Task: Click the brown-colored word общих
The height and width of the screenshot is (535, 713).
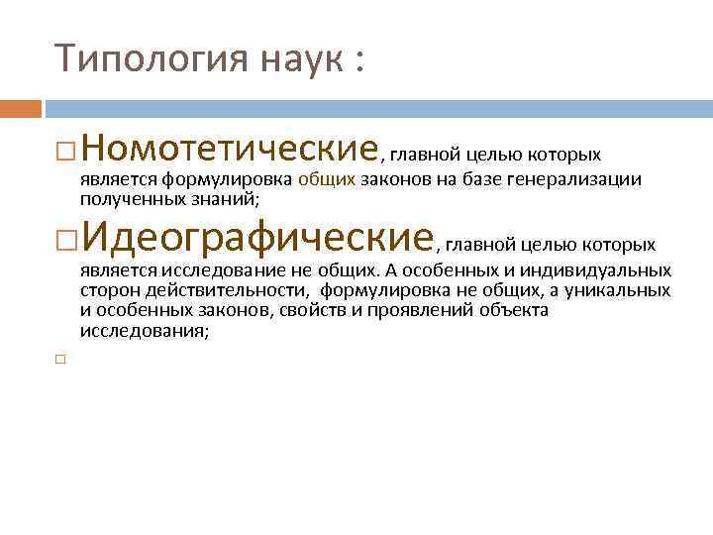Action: click(x=326, y=179)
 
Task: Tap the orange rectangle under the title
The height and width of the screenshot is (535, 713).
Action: click(x=21, y=107)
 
